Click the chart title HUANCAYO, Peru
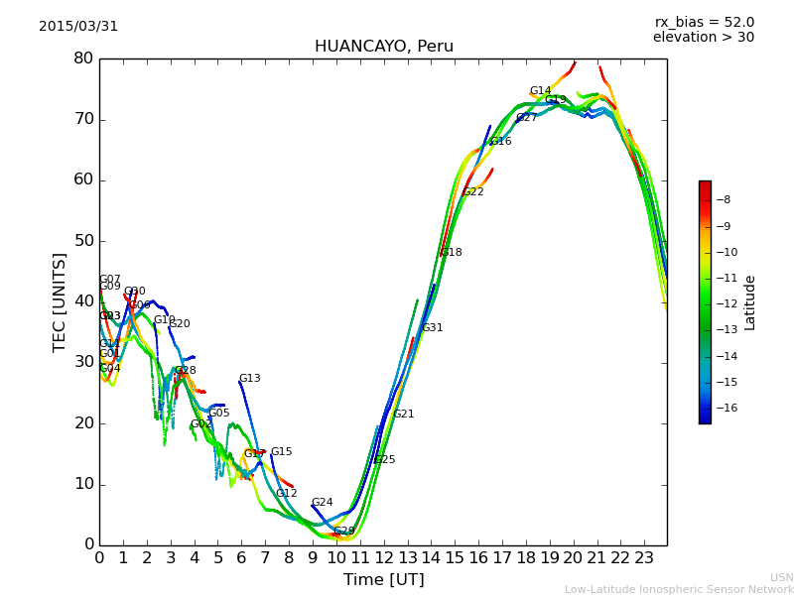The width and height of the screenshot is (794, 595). click(x=383, y=47)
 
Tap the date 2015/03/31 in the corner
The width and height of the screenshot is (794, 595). click(x=78, y=27)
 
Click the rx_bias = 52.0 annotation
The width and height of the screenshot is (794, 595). click(x=704, y=22)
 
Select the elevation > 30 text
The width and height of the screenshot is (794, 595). click(x=703, y=38)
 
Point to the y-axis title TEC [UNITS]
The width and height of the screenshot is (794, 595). click(x=61, y=301)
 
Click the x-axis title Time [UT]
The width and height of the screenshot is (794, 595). click(x=383, y=579)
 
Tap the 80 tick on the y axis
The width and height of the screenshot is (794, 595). click(x=83, y=59)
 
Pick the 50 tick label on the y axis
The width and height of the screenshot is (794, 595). click(x=83, y=241)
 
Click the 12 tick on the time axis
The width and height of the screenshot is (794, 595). click(x=383, y=558)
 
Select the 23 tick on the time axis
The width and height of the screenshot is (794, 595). click(x=643, y=558)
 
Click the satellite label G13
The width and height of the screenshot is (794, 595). click(x=250, y=379)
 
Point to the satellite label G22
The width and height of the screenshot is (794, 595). click(x=473, y=192)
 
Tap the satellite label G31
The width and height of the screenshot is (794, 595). click(x=433, y=328)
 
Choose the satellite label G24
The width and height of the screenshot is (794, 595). click(x=323, y=503)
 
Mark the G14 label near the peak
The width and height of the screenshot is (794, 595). click(x=540, y=91)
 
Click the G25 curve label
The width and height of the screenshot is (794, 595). click(x=385, y=460)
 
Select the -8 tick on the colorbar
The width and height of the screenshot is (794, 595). click(x=724, y=199)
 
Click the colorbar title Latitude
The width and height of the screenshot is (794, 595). click(x=750, y=302)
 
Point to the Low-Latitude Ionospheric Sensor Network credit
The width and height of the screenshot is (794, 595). click(x=679, y=590)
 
